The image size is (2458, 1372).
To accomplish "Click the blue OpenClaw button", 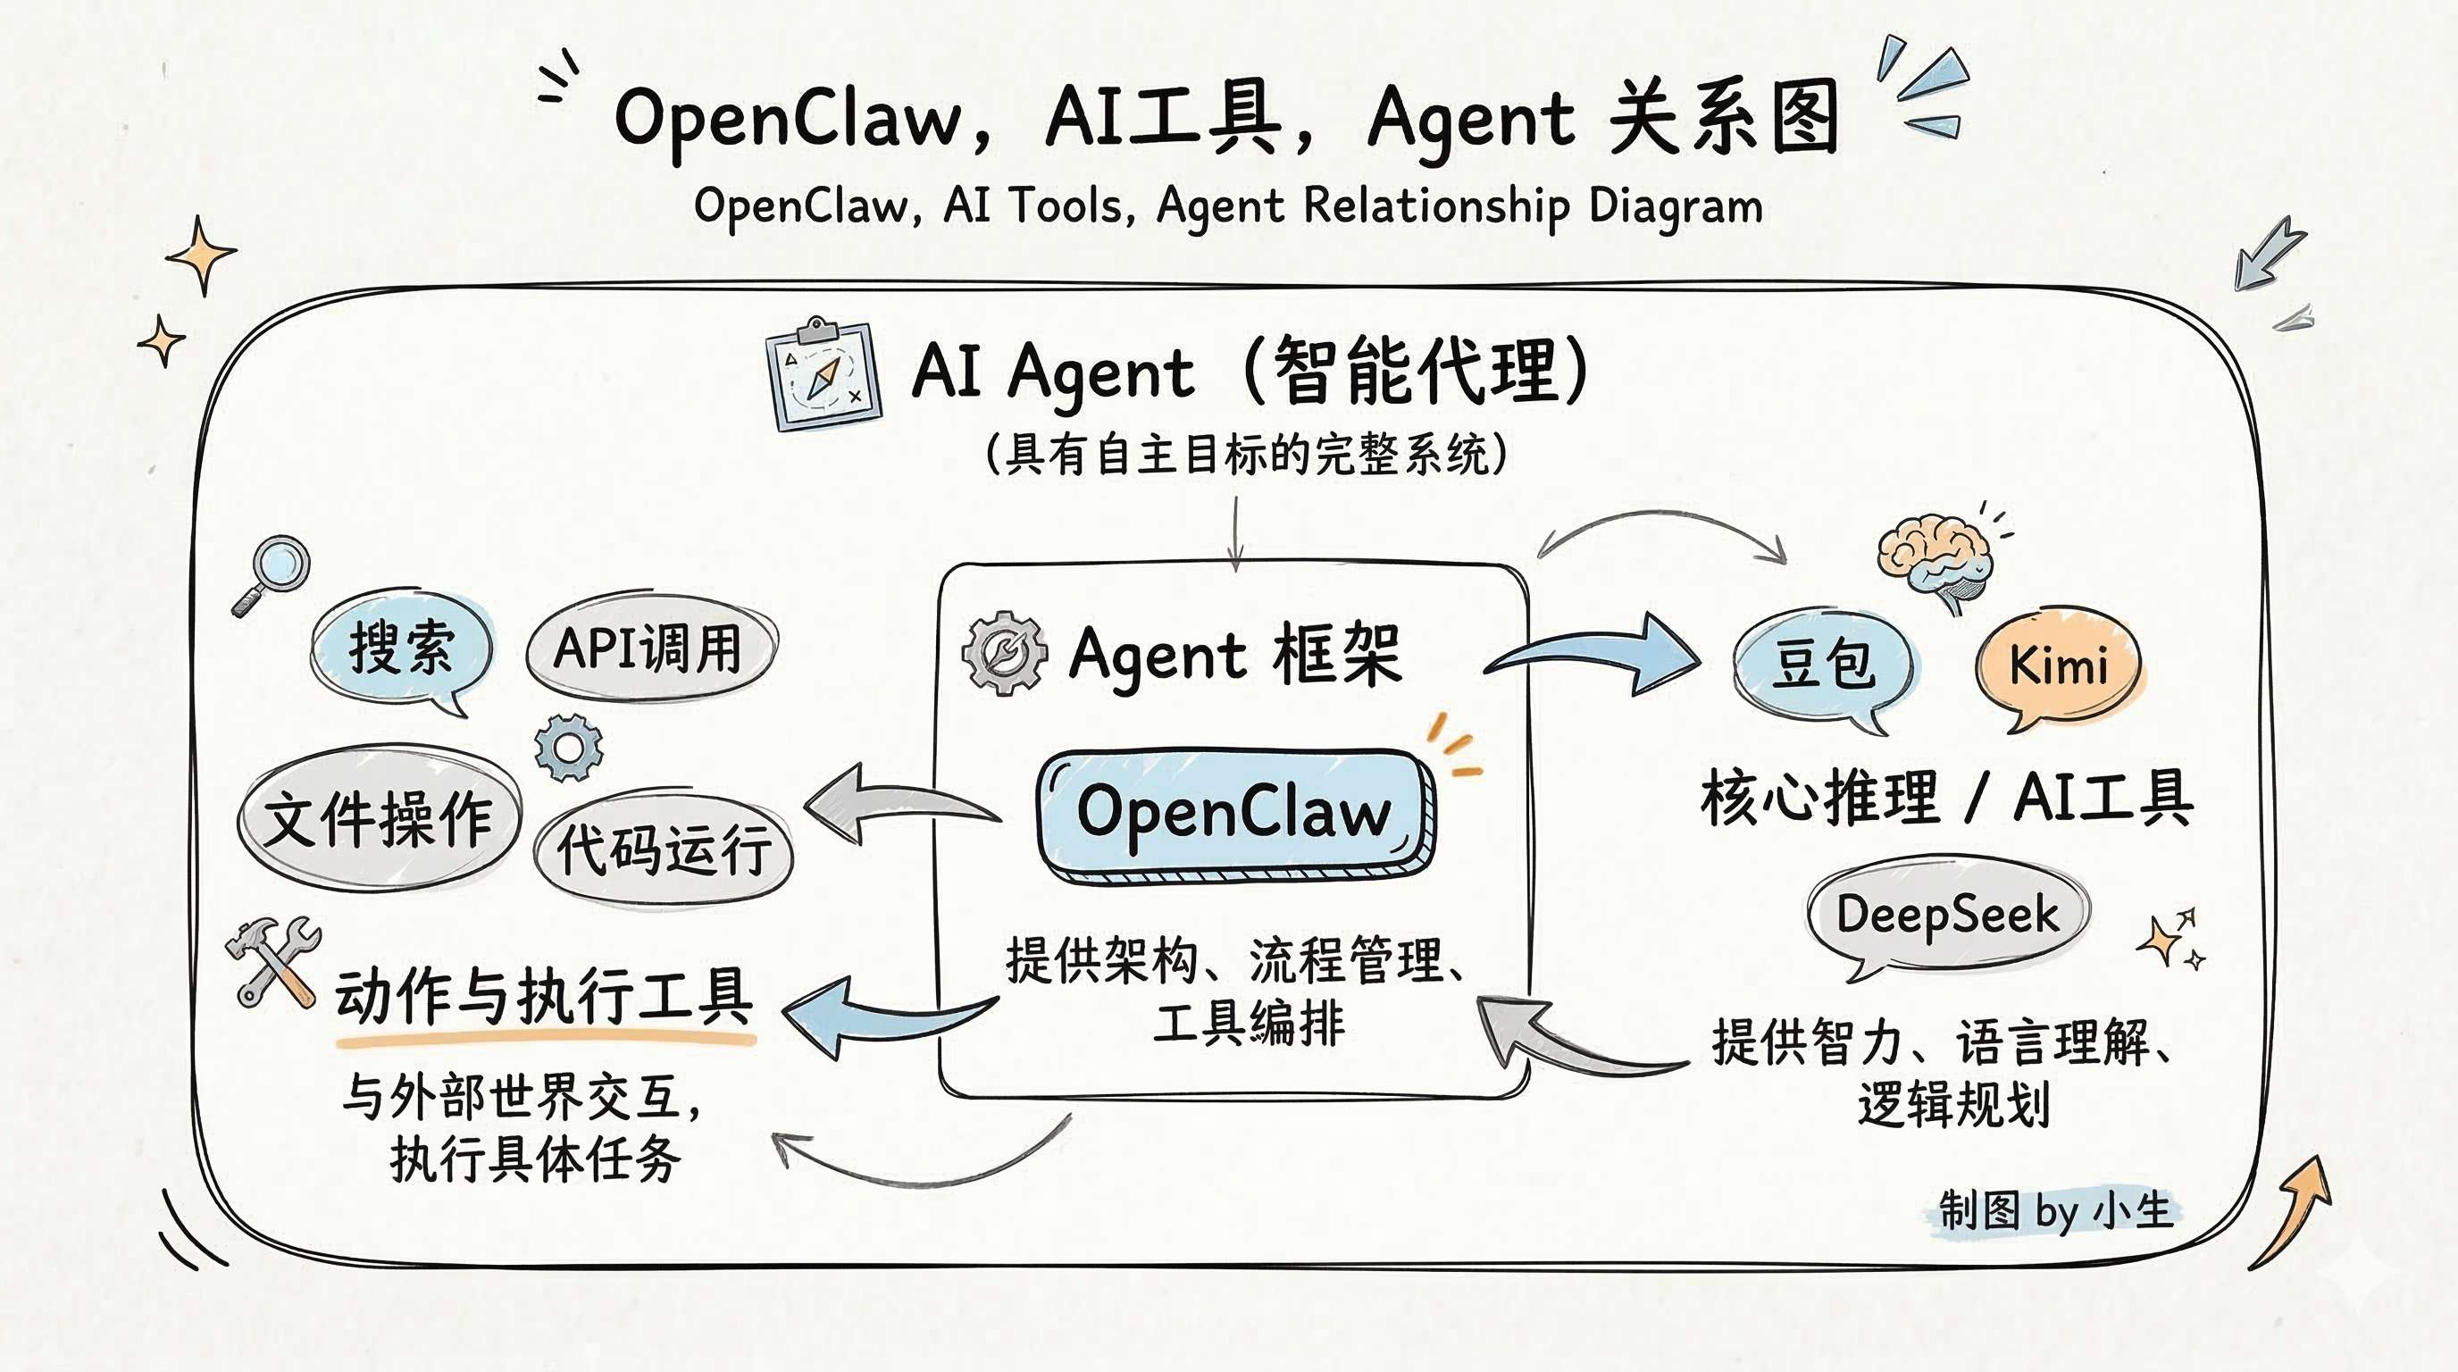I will click(1234, 813).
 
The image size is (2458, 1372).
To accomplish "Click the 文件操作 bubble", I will click(378, 818).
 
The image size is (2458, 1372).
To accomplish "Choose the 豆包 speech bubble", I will click(1822, 663).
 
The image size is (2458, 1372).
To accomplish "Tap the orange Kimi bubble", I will click(2058, 665).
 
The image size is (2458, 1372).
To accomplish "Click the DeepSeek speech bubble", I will click(1946, 914).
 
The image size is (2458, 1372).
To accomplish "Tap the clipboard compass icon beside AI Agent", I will click(824, 376).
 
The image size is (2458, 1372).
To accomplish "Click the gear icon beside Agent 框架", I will click(1004, 654).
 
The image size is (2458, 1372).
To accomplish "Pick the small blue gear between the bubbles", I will click(569, 747).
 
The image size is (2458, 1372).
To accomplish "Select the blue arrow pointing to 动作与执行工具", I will click(878, 1014).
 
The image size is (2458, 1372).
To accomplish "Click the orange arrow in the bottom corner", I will click(2295, 1212).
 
